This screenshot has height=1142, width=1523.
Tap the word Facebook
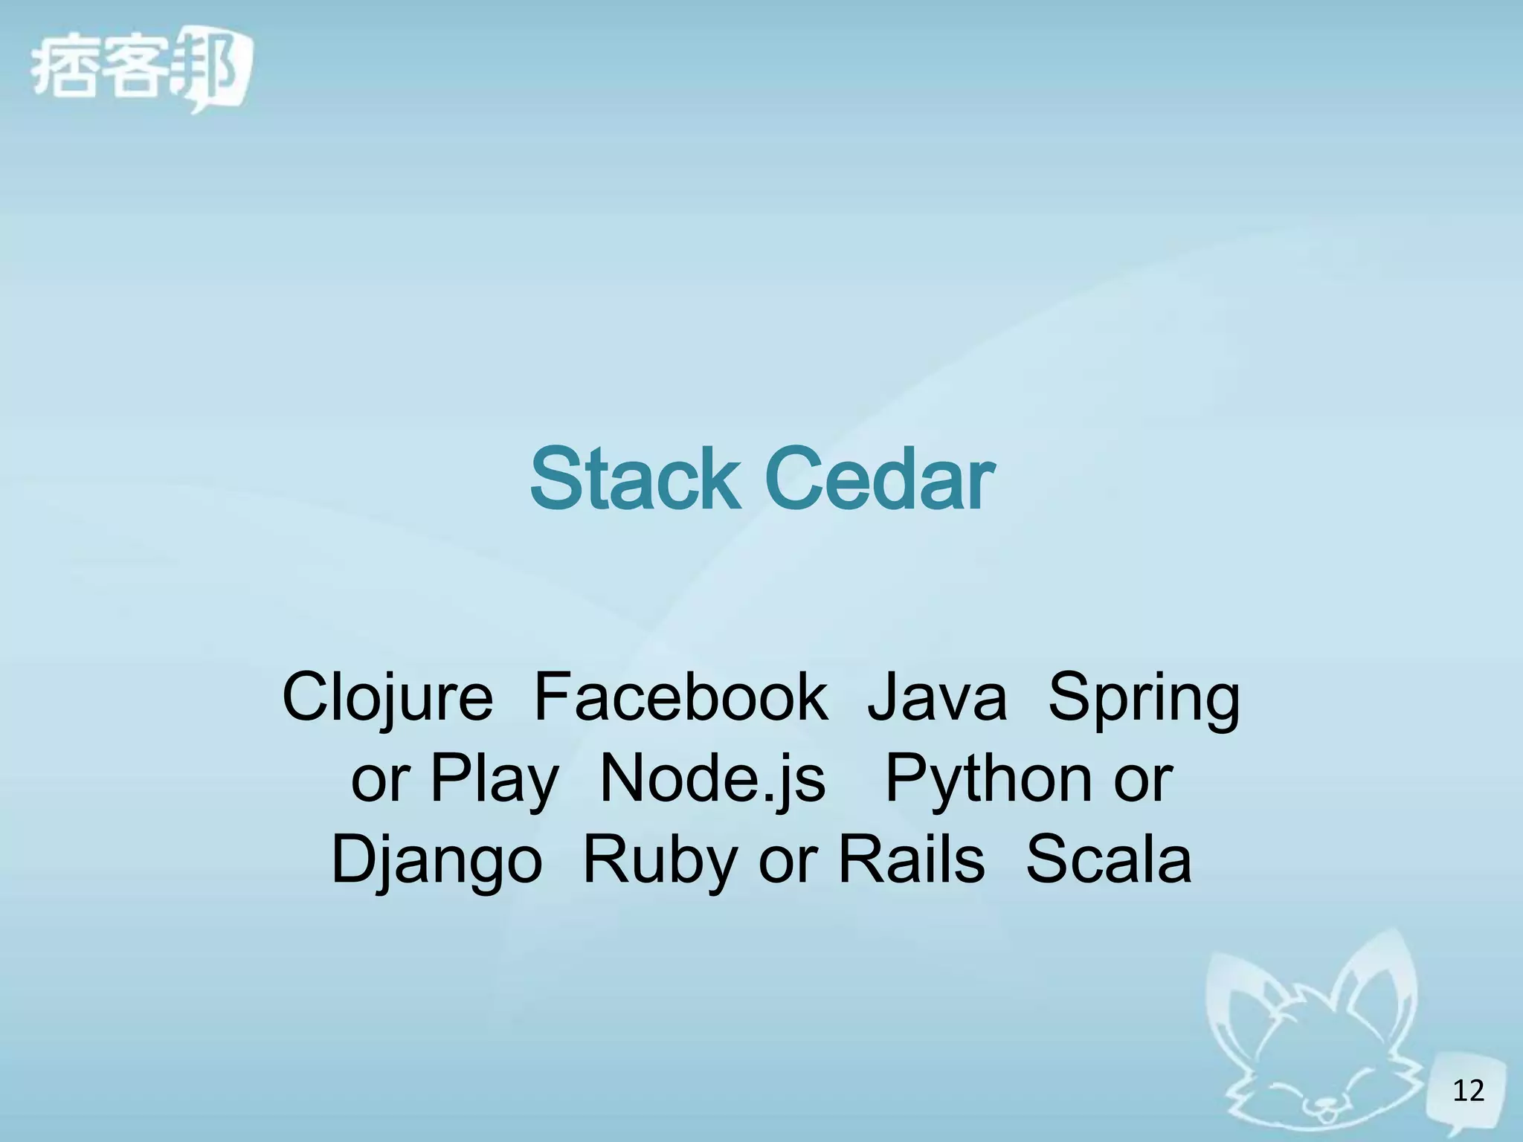pyautogui.click(x=680, y=697)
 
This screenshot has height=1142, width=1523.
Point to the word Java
pyautogui.click(x=937, y=697)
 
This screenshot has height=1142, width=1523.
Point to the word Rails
pyautogui.click(x=912, y=860)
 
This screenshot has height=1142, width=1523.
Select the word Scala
pyautogui.click(x=1108, y=860)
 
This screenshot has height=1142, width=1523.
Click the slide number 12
pyautogui.click(x=1468, y=1091)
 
